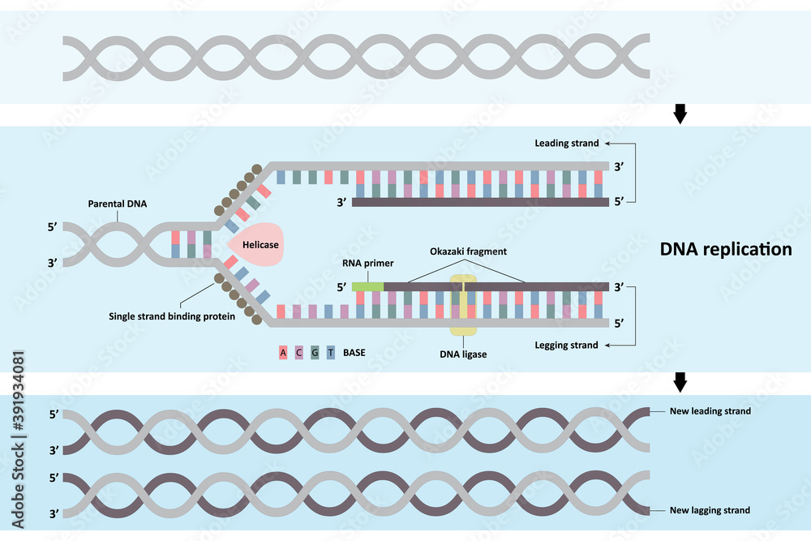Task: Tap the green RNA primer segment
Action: (367, 286)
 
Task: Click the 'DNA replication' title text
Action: (725, 249)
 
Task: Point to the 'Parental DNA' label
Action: (118, 204)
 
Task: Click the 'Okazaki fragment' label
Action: (468, 251)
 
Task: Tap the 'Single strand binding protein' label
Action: (172, 316)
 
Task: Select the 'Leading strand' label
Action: (566, 144)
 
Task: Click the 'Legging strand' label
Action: (566, 346)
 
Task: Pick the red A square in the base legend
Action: (283, 353)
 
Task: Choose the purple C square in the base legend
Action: (298, 353)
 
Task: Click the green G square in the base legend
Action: (315, 353)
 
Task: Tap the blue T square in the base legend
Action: (331, 353)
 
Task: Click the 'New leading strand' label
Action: (710, 411)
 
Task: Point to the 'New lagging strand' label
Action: (710, 510)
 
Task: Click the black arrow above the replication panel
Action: (680, 115)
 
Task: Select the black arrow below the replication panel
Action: (680, 382)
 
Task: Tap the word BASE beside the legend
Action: (354, 353)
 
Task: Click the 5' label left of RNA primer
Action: (341, 286)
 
